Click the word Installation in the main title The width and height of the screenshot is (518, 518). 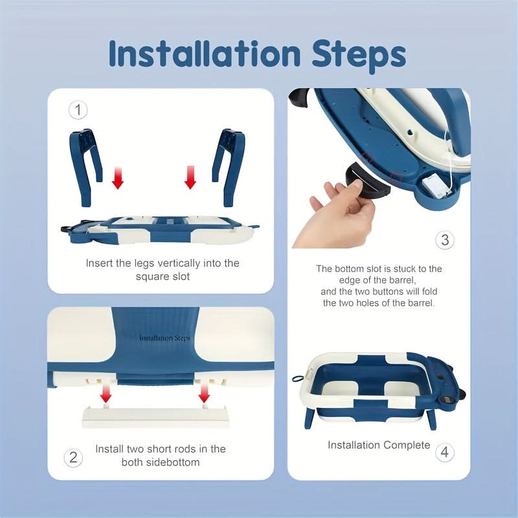point(205,53)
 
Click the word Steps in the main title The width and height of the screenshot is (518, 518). point(359,56)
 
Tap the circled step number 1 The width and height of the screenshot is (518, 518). point(78,110)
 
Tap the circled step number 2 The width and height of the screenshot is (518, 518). point(73,458)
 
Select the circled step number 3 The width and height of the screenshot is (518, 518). point(445,240)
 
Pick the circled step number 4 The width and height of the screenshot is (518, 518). point(445,452)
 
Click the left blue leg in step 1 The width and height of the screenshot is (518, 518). point(85,167)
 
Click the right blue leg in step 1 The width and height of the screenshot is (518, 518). point(229,167)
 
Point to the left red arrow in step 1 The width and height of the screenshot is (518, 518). point(118,177)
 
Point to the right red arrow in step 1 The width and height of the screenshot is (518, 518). point(190,177)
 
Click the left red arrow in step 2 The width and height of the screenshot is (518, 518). point(106,392)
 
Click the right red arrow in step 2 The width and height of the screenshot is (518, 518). point(204,392)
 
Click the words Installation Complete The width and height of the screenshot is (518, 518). point(379,445)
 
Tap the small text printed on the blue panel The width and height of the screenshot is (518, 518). point(165,338)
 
